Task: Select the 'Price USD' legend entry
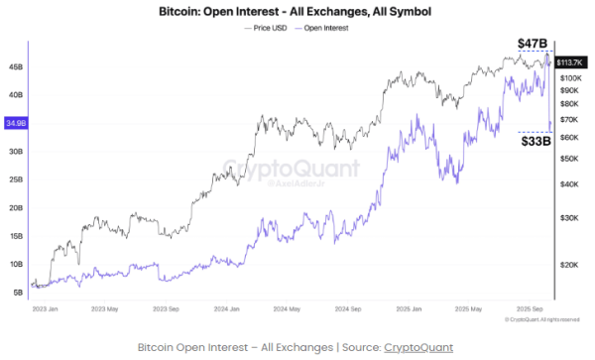point(272,28)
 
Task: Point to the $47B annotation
point(534,44)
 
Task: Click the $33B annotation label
point(536,142)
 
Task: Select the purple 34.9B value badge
point(16,123)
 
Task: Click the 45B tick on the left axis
point(16,66)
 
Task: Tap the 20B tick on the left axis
point(16,208)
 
